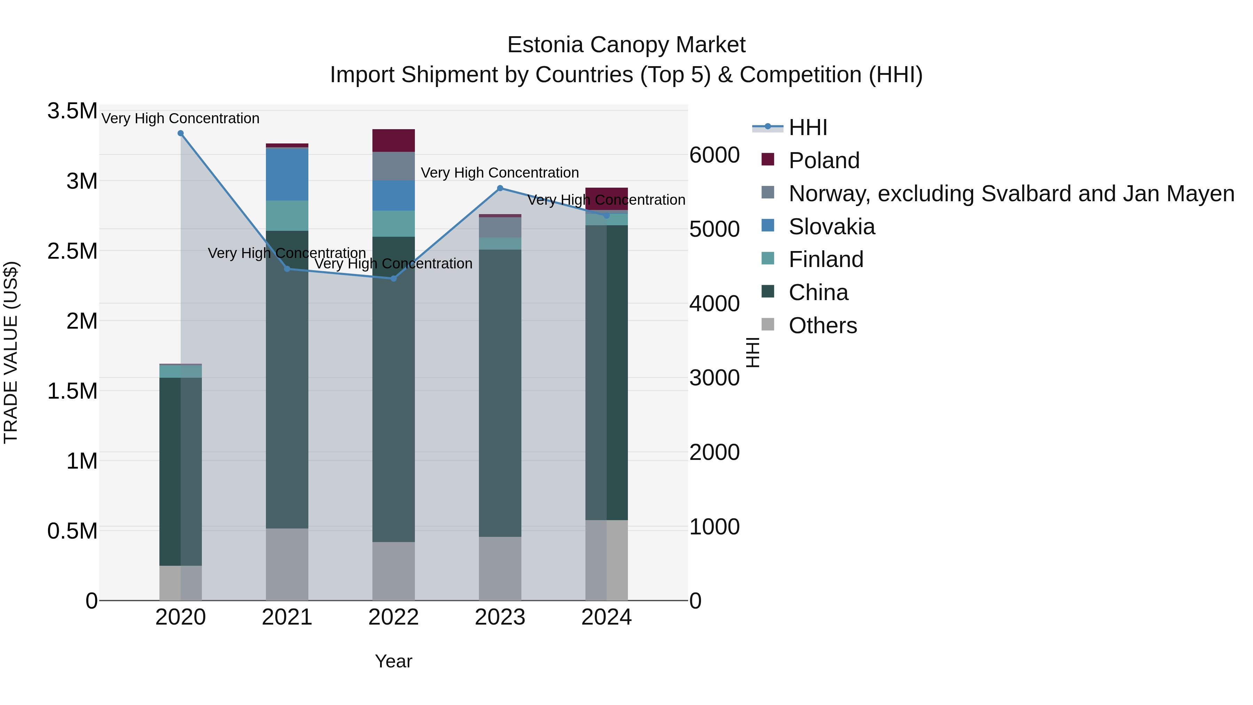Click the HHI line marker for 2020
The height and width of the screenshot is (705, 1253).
(180, 133)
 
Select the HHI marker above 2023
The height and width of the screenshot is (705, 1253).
(500, 188)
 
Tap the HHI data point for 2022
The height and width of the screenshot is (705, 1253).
(394, 279)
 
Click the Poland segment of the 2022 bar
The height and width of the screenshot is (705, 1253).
(394, 141)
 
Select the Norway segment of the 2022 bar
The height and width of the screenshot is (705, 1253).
(394, 166)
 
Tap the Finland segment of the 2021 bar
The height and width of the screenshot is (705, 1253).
(287, 216)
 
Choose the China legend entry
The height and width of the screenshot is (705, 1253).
(818, 293)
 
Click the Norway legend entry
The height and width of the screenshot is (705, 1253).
(1011, 194)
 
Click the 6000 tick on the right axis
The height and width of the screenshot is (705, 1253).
(714, 155)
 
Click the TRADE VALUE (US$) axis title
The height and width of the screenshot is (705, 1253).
(11, 352)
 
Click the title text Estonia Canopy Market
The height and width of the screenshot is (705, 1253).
(626, 45)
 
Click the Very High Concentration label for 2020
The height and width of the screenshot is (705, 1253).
(180, 119)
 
